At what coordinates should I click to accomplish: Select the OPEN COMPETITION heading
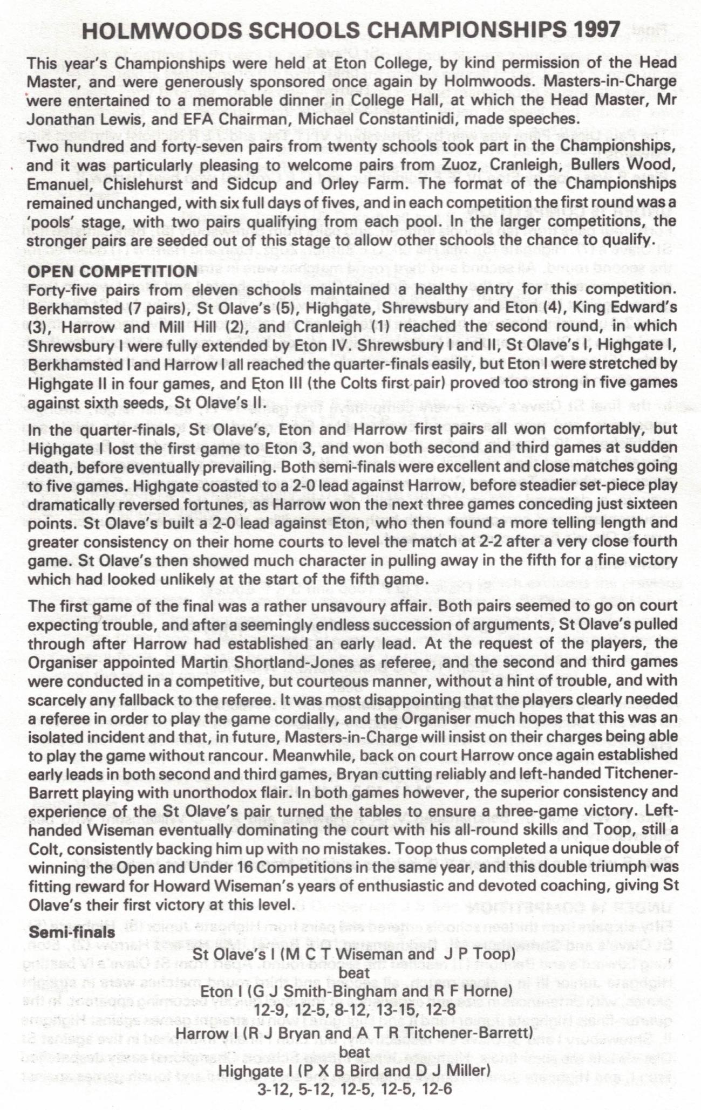[112, 271]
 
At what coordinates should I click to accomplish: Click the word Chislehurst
[125, 183]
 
